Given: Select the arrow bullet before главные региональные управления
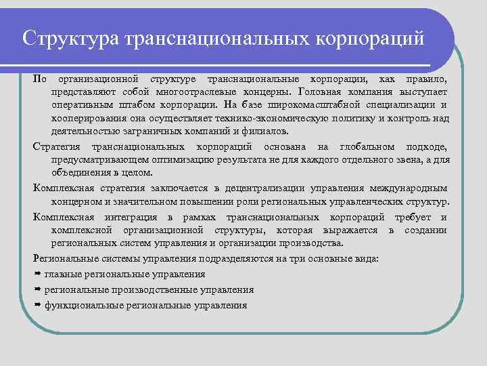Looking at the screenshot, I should (37, 274).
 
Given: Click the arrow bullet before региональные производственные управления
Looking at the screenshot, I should (37, 290).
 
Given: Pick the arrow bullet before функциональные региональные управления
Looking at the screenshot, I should (37, 306).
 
